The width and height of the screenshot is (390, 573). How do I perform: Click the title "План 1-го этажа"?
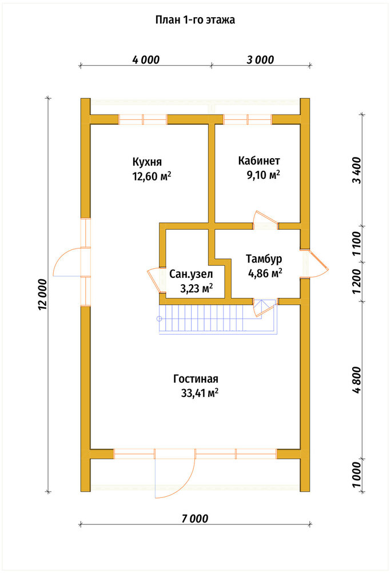click(195, 19)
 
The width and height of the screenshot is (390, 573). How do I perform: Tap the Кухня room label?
click(146, 162)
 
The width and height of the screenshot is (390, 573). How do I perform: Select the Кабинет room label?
click(259, 160)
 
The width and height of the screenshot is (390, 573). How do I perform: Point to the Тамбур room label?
click(264, 259)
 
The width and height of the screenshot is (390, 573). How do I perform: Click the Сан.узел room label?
click(191, 274)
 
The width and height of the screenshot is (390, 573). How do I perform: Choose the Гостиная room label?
click(196, 379)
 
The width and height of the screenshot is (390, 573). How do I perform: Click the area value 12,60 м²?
click(152, 176)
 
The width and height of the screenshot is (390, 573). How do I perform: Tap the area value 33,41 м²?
click(200, 393)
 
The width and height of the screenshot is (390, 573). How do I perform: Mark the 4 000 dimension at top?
click(146, 60)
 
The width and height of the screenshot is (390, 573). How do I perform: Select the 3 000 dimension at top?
click(260, 60)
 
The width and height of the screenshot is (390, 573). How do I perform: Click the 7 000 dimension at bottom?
click(195, 518)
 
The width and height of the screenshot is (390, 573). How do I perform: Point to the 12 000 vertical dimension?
click(43, 295)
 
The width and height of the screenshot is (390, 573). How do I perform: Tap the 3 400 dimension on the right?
click(357, 170)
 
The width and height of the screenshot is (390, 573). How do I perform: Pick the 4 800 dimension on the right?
click(357, 380)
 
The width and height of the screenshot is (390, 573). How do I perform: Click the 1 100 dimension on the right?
click(357, 244)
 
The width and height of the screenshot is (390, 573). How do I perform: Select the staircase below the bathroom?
click(217, 320)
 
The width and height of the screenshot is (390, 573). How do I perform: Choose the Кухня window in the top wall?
click(142, 120)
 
